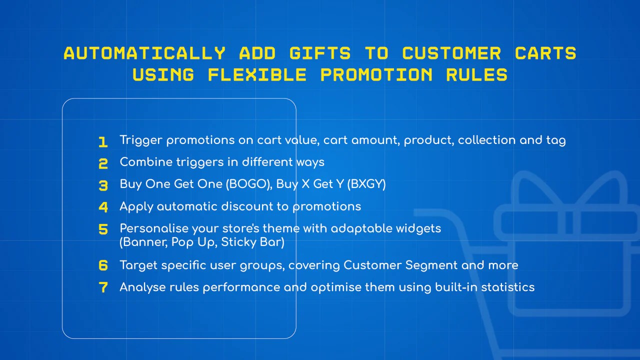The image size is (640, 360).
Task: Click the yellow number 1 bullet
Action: point(103,142)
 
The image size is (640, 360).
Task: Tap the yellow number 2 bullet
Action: point(103,163)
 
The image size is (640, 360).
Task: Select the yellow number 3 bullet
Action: point(103,185)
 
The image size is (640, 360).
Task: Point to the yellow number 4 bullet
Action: point(103,207)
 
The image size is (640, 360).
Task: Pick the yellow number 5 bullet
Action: point(103,229)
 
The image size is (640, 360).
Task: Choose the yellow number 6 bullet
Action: point(103,265)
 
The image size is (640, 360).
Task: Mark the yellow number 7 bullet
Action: point(103,287)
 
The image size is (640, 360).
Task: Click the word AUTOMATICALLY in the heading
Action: point(144,53)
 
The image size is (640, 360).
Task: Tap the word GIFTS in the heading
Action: point(320,53)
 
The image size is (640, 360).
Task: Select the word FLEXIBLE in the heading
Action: point(257,75)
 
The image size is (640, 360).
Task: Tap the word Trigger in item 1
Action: point(141,140)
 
